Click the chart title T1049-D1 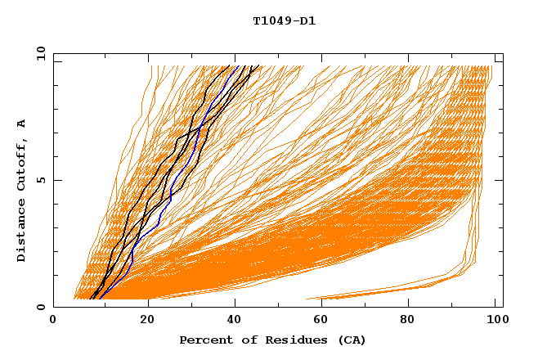pyautogui.click(x=285, y=21)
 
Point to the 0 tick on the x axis pyautogui.click(x=53, y=321)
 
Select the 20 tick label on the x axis pyautogui.click(x=148, y=321)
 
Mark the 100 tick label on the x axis pyautogui.click(x=495, y=321)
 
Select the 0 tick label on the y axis pyautogui.click(x=41, y=307)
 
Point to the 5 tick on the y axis pyautogui.click(x=41, y=180)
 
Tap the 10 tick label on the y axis pyautogui.click(x=41, y=53)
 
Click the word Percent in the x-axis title pyautogui.click(x=204, y=340)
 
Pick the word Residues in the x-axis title pyautogui.click(x=291, y=340)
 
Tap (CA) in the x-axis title pyautogui.click(x=350, y=340)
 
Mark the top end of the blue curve pyautogui.click(x=235, y=66)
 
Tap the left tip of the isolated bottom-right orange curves pyautogui.click(x=307, y=299)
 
